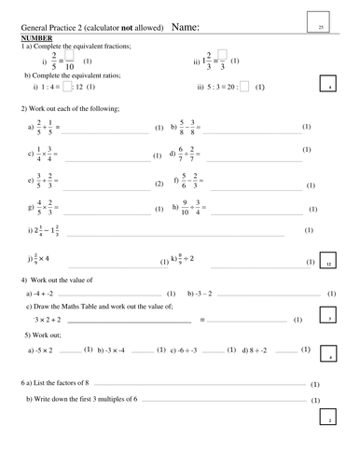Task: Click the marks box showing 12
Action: point(327,264)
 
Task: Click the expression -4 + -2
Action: point(50,293)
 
